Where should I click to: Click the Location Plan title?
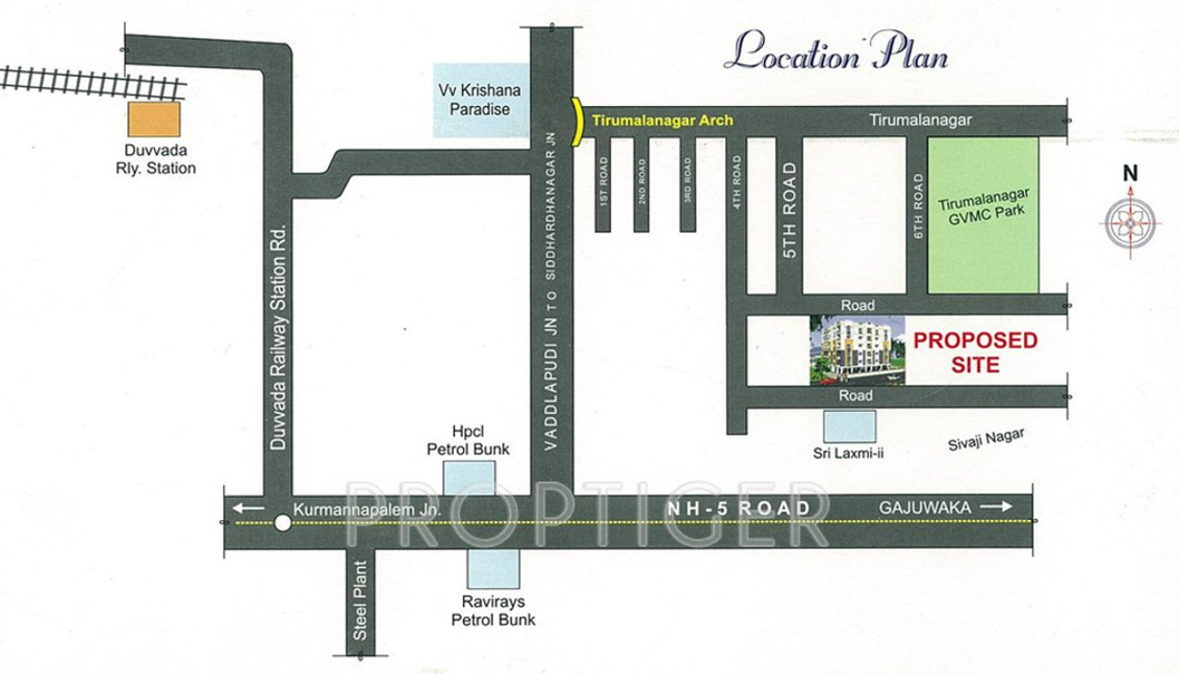836,54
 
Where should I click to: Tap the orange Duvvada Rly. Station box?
154,119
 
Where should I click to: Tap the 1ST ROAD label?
604,182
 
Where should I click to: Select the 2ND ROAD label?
642,182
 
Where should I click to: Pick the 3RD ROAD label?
688,182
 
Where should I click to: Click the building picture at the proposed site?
857,350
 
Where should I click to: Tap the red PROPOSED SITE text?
975,352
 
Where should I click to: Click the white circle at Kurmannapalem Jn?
282,523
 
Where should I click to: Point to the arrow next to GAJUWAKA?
995,507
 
